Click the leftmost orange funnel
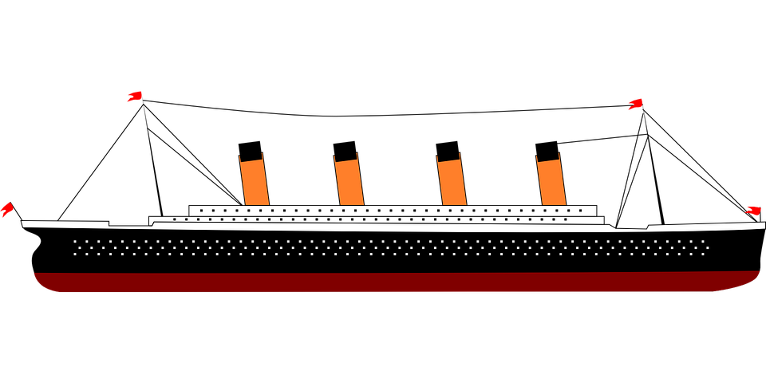255,182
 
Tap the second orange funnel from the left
349,182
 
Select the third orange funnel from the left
452,182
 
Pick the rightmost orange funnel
551,182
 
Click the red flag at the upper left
134,97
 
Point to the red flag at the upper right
635,104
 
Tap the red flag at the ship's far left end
6,210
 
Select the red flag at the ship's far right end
752,210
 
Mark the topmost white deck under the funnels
391,211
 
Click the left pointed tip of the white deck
24,223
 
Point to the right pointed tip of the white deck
762,226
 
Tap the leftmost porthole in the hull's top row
75,241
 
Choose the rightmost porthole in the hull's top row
703,241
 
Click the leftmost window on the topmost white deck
202,211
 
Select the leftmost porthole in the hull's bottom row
75,254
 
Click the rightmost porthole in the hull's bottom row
703,254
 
